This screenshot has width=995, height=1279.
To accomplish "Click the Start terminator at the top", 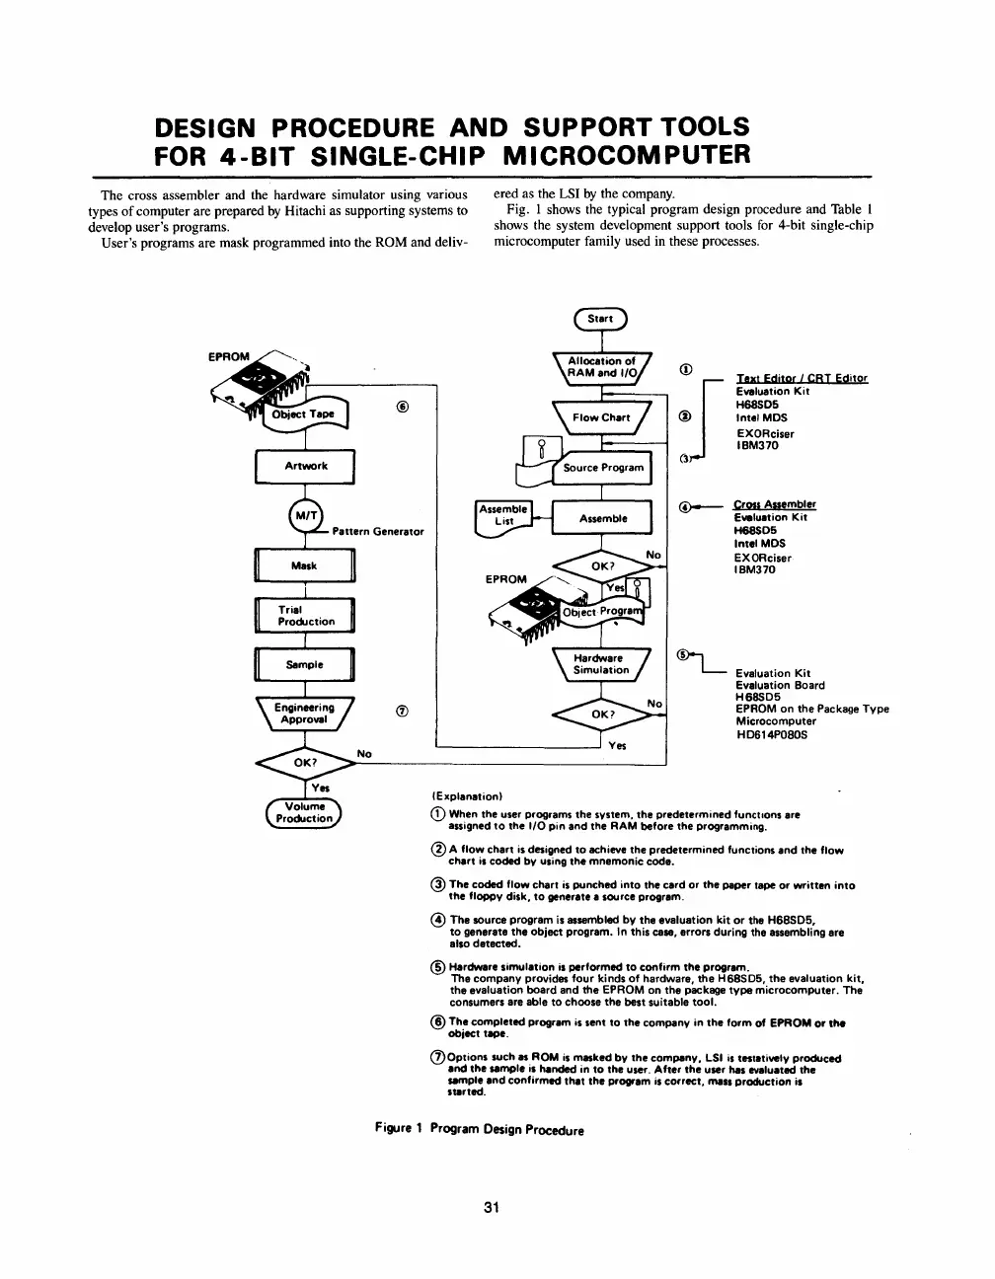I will pos(600,319).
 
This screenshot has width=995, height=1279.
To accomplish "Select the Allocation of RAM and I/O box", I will pos(601,367).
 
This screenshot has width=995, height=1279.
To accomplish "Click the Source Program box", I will pos(602,468).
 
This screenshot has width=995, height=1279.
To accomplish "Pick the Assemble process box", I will pos(602,518).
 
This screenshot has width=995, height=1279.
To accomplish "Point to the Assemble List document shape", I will pos(503,516).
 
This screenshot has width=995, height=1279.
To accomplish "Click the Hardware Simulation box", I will pos(601,665).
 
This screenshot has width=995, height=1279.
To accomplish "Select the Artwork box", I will pos(305,466).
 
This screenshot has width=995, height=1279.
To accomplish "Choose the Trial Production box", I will pos(305,616).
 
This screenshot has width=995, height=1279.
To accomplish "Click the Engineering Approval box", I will pos(304,713).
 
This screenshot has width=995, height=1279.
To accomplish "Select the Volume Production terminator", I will pos(302,812).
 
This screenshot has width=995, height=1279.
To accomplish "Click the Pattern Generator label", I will pos(378,532).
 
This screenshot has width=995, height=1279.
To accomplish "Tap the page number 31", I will pos(496,1206).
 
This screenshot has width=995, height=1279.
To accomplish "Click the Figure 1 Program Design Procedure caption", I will pos(480,1129).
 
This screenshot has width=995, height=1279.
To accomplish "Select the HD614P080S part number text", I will pos(772,734).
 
